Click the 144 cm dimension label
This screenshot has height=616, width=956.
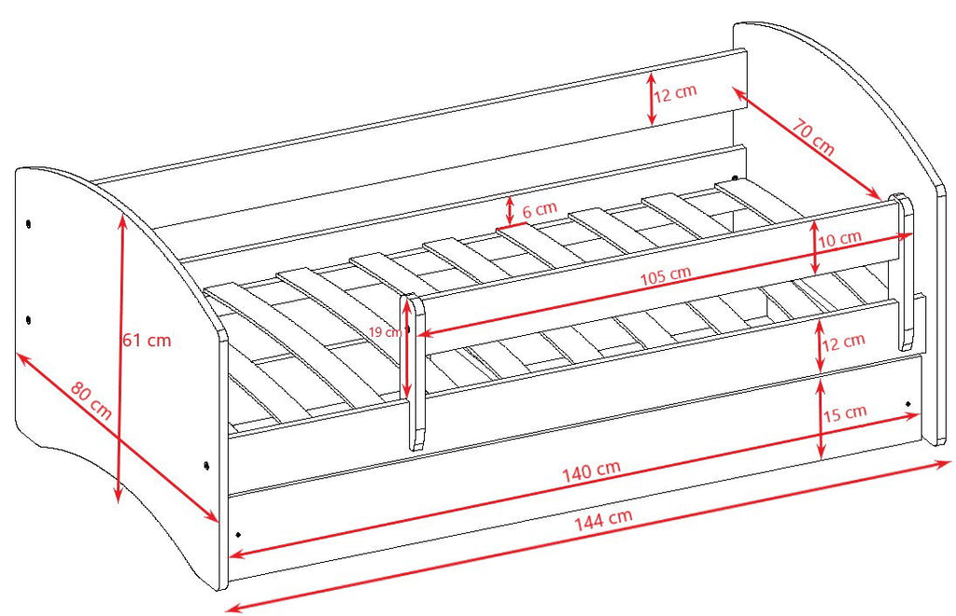pos(603,519)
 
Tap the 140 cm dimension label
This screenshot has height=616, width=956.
pos(591,470)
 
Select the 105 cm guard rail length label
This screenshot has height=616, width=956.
pos(666,276)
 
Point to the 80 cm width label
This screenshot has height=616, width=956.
pos(91,400)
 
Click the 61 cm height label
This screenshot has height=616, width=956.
pos(147,340)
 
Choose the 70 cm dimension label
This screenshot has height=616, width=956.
pos(813,137)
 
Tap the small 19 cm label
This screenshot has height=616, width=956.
pos(386,332)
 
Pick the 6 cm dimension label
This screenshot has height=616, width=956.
pos(540,210)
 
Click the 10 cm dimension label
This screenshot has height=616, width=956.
pos(839,239)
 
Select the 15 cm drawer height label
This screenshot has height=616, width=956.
pos(845,413)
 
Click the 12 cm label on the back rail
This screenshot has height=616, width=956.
pos(675,93)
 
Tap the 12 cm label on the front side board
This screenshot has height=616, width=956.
pos(844,343)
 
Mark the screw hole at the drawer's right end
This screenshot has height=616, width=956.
pos(908,404)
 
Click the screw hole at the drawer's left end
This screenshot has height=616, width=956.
pos(238,535)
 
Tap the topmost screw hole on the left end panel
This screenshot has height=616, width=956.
pos(29,224)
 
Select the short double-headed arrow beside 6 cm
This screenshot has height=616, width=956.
pos(510,210)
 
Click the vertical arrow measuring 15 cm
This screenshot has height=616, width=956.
pos(821,418)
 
